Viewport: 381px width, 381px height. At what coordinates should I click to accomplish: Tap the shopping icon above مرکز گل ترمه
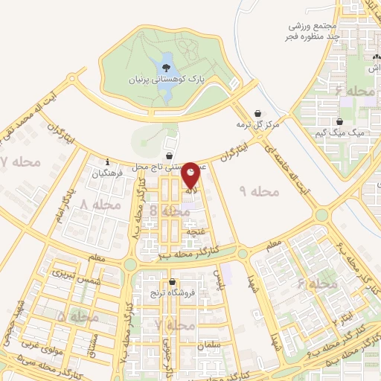pos(257,113)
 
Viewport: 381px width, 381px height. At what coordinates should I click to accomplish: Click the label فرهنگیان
pos(106,173)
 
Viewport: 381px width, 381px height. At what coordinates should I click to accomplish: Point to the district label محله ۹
pos(259,191)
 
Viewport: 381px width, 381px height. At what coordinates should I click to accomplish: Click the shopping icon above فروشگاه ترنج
pos(173,282)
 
